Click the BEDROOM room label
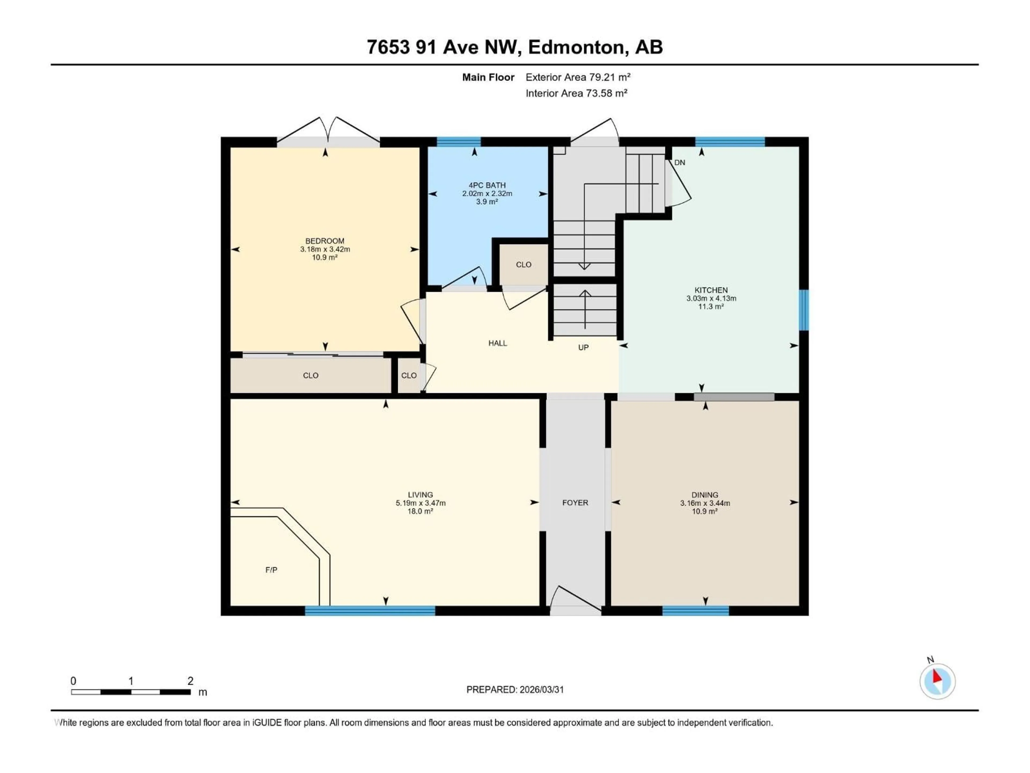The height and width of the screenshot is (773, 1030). tap(325, 241)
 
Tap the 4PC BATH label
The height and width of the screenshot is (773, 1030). tap(487, 185)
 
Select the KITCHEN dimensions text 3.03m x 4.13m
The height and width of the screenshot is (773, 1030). tap(711, 298)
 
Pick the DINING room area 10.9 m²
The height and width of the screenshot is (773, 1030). tap(705, 511)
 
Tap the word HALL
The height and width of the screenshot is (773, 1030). tap(497, 343)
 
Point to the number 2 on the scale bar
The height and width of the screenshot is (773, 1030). tap(190, 681)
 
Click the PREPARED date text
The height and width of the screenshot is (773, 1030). tap(515, 690)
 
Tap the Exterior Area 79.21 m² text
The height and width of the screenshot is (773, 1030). tap(578, 77)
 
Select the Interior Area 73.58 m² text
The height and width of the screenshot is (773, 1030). tap(576, 93)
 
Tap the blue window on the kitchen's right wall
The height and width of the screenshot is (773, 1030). tap(803, 310)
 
